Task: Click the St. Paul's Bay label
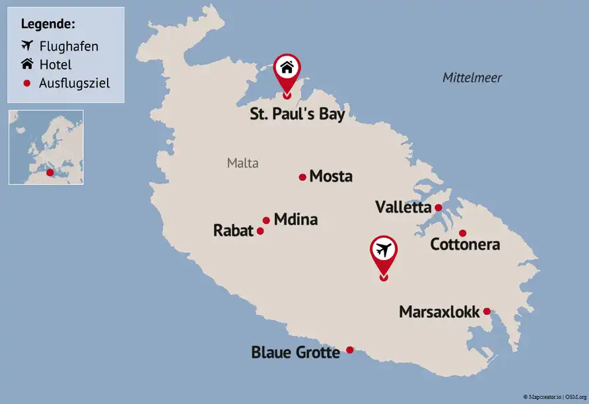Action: [297, 114]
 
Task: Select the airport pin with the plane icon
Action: [384, 251]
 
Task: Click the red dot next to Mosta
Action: [302, 177]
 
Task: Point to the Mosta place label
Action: [331, 176]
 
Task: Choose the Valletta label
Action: [403, 207]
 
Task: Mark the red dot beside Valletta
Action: [438, 207]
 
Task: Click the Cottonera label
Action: [465, 244]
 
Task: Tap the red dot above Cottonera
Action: [462, 233]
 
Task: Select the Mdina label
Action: [295, 219]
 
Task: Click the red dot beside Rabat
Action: [260, 231]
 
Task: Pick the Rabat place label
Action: [233, 230]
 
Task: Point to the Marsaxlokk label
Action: [439, 312]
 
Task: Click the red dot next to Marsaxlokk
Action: [487, 312]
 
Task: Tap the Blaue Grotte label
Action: [295, 353]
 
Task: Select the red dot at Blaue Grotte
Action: [350, 350]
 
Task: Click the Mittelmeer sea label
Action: [472, 78]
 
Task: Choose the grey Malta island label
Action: [242, 163]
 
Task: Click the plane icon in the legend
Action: [27, 46]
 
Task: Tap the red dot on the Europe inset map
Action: [50, 172]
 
